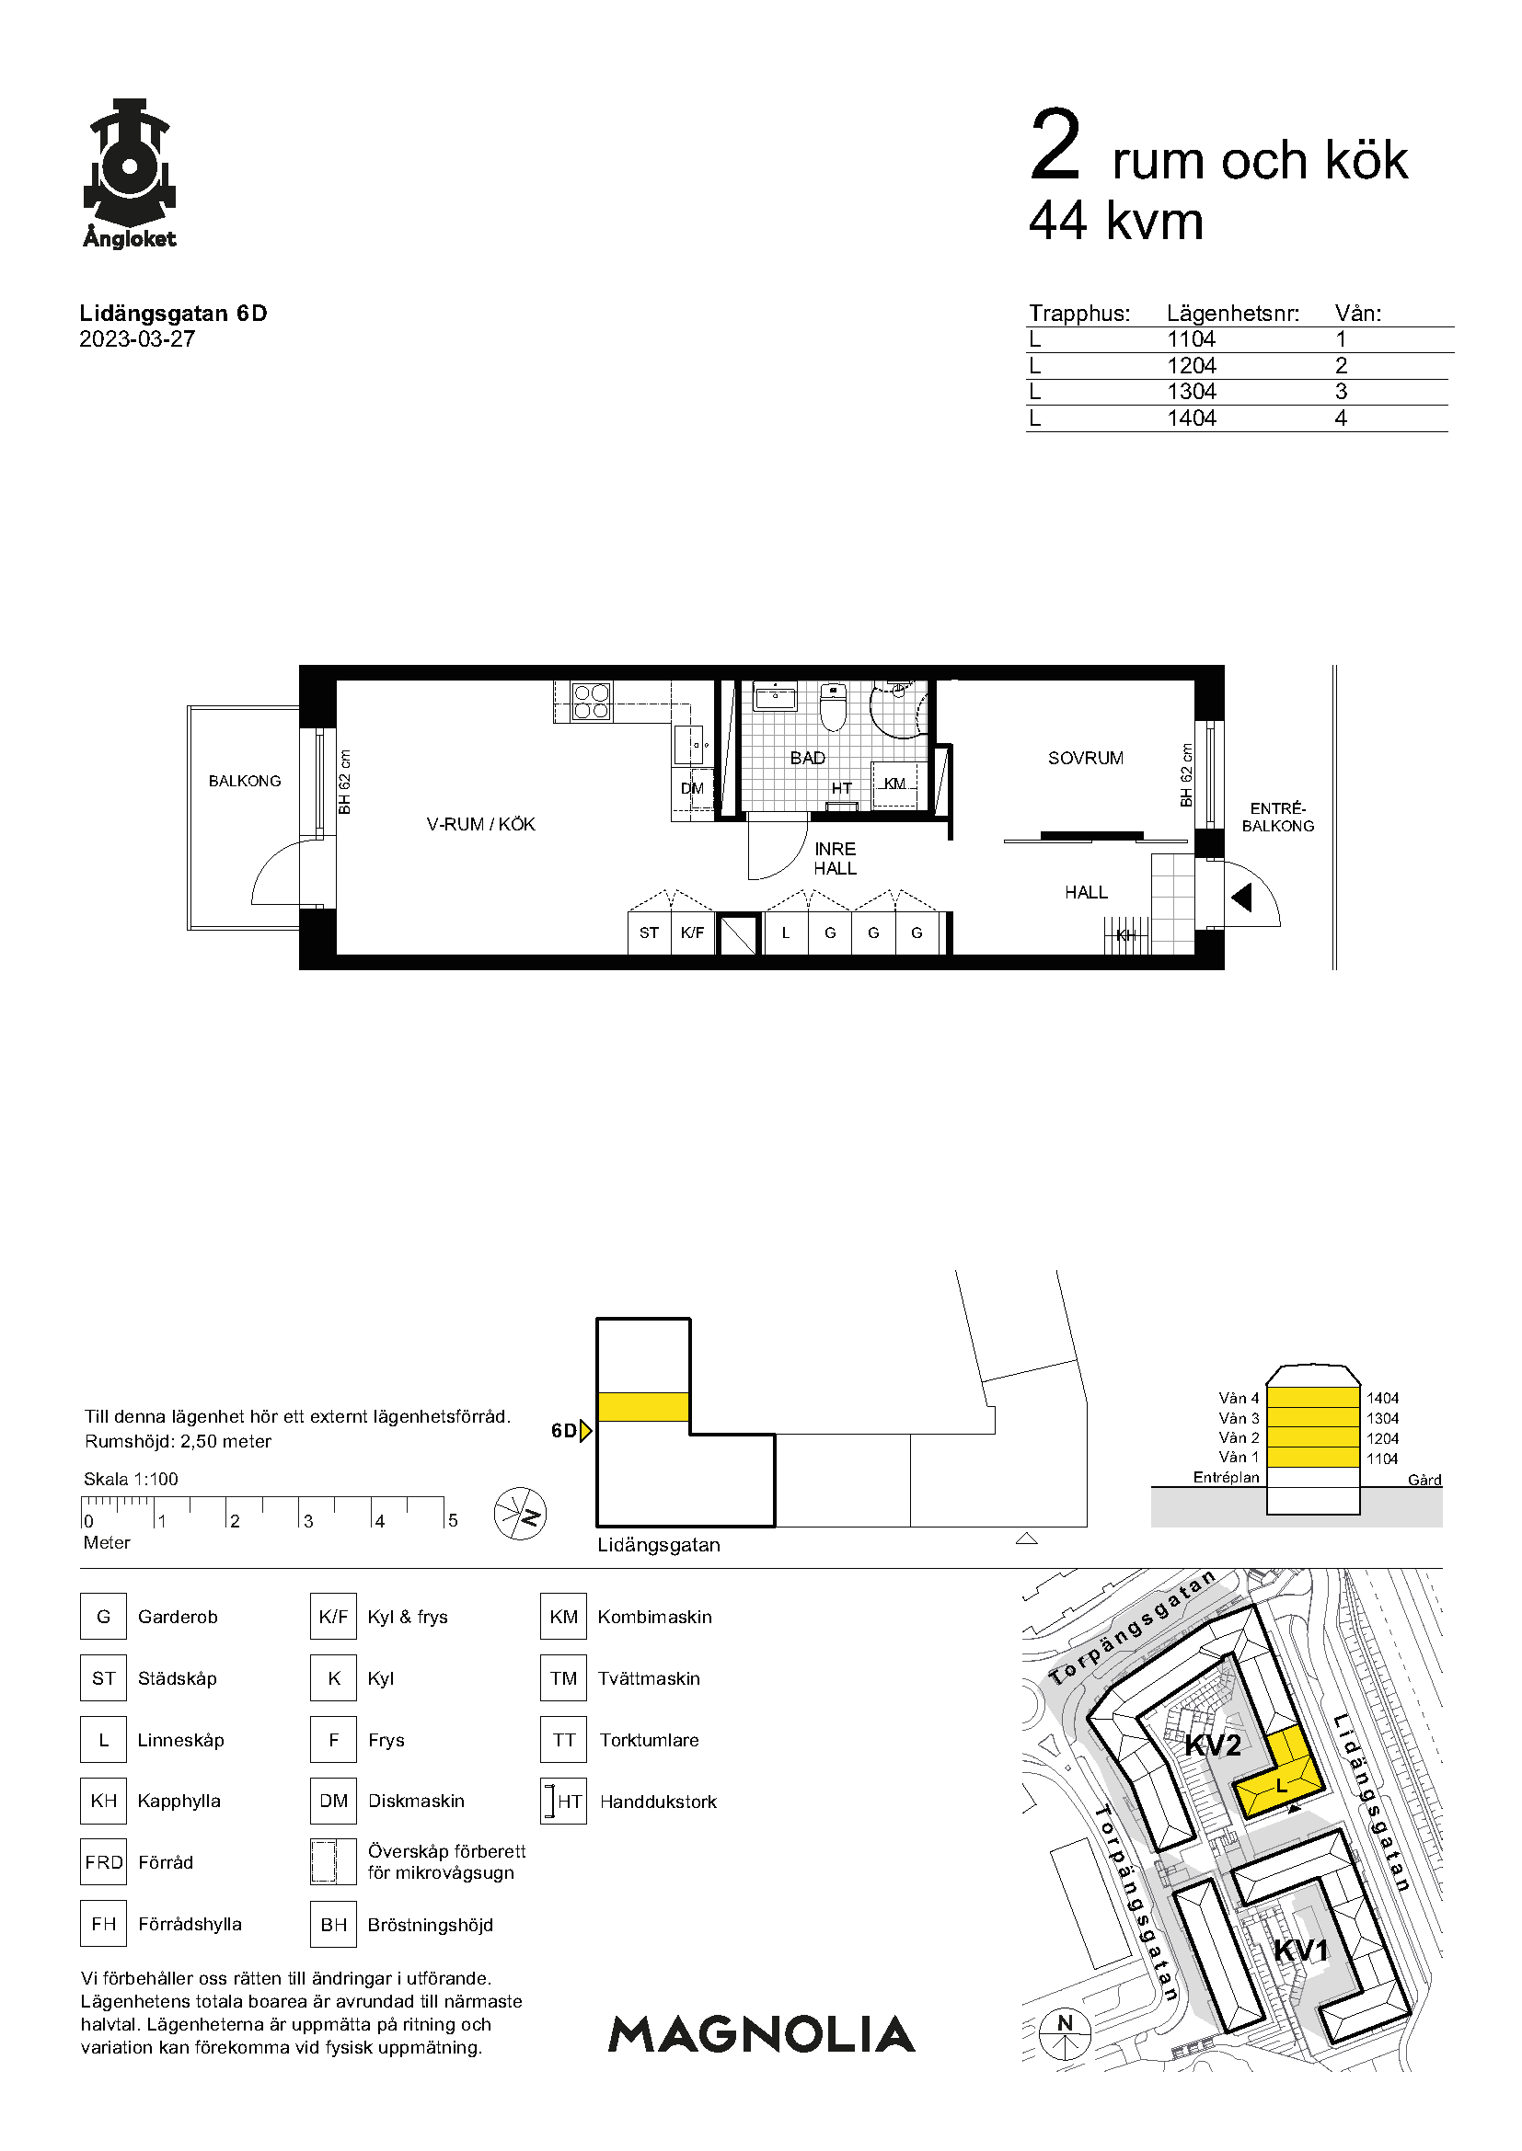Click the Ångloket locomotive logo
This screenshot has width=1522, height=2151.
[130, 173]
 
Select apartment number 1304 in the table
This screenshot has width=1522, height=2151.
[1191, 392]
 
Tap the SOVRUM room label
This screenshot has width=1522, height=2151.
[1085, 758]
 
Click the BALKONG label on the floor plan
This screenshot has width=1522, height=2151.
[245, 782]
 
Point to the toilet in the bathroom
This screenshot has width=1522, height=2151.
[833, 707]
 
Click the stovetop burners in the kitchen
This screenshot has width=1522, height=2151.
[592, 702]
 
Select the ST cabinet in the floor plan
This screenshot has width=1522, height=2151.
[649, 933]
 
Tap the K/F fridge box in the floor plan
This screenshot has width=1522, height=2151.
[693, 933]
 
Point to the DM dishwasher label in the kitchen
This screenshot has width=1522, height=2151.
[692, 789]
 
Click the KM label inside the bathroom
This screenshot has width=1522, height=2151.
[895, 784]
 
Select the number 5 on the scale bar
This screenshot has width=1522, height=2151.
[453, 1520]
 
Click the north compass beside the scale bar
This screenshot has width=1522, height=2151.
[520, 1514]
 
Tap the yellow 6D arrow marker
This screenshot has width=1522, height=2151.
[586, 1431]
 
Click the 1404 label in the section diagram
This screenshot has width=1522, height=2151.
[1382, 1398]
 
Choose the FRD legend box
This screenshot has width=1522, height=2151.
[103, 1861]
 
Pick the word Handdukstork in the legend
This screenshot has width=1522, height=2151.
[658, 1802]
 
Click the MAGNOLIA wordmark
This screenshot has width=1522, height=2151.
[761, 2034]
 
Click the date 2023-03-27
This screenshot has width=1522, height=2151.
[138, 339]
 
